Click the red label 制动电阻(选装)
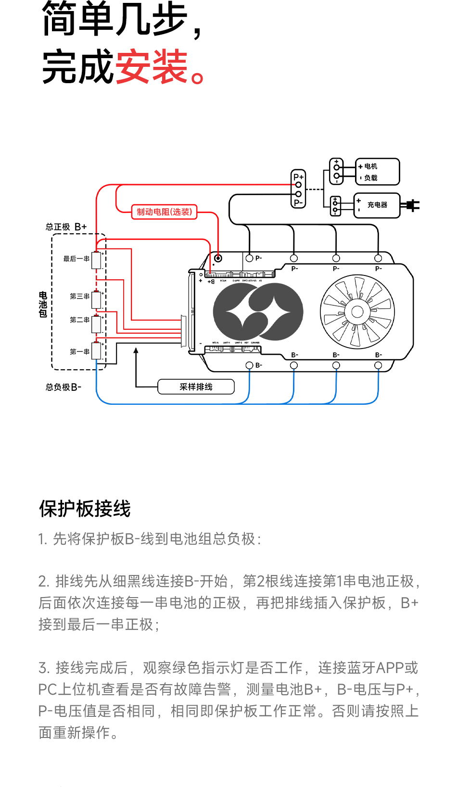click(x=164, y=212)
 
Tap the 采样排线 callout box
click(x=196, y=387)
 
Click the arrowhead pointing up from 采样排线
click(x=136, y=351)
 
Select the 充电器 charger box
click(x=377, y=205)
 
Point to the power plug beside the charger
click(x=412, y=205)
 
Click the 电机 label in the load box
click(x=371, y=166)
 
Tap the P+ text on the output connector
click(x=298, y=177)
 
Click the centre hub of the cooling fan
click(x=357, y=312)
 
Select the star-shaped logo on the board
click(x=258, y=312)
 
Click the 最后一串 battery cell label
click(x=76, y=259)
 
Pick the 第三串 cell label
click(x=79, y=296)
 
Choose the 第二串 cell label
click(x=79, y=320)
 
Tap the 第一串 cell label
click(x=79, y=351)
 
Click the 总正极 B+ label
click(x=66, y=227)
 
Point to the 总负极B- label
click(x=63, y=387)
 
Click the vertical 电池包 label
click(x=43, y=304)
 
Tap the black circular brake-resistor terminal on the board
click(x=218, y=258)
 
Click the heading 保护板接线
click(x=85, y=509)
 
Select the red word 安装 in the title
click(x=151, y=67)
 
